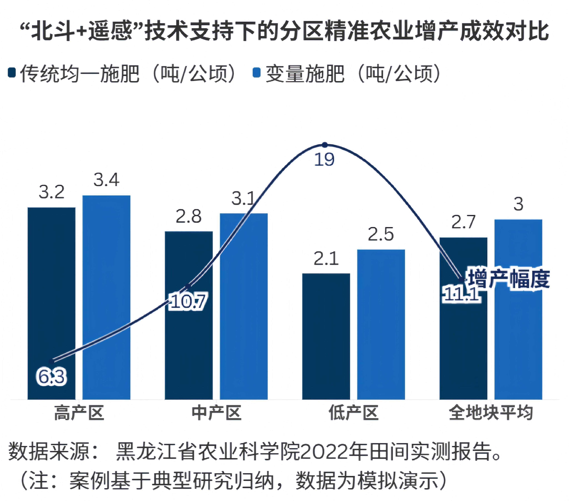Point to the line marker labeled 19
pyautogui.click(x=325, y=145)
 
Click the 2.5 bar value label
pyautogui.click(x=381, y=234)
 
